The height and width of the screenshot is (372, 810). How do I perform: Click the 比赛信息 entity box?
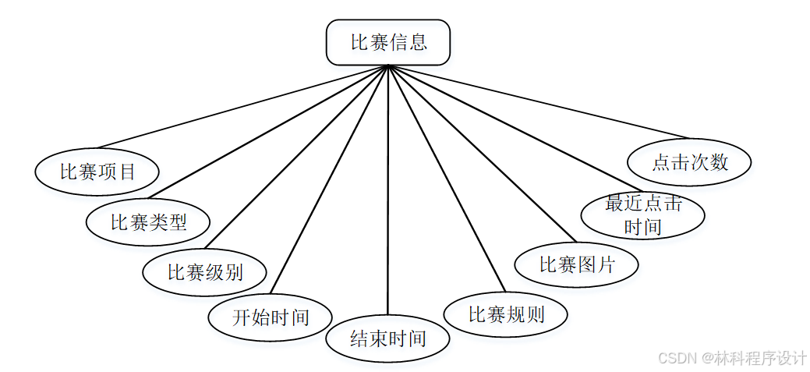pos(388,42)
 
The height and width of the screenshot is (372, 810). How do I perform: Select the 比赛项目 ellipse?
pos(97,171)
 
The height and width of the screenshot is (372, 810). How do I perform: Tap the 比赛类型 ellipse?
pos(148,222)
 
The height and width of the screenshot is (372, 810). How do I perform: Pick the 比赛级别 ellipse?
pos(204,272)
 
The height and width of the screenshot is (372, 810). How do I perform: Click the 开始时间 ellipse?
pos(271,317)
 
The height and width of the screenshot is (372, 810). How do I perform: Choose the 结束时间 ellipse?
pos(387,338)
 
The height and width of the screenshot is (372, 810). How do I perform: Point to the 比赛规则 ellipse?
pos(505,314)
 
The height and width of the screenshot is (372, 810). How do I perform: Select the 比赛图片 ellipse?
pos(577,264)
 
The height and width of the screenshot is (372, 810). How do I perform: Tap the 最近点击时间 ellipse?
pos(643,215)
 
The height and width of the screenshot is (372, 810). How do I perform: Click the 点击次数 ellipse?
pos(689,162)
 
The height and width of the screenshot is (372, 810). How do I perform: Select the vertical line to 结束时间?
pos(387,195)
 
